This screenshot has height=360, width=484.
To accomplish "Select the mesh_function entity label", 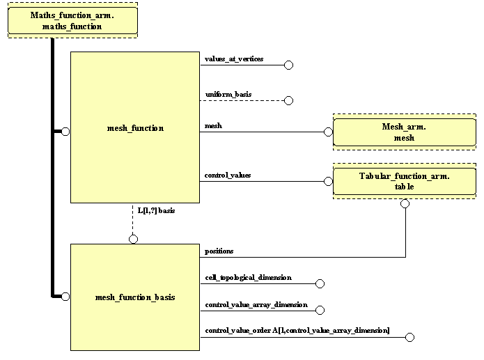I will (x=135, y=128).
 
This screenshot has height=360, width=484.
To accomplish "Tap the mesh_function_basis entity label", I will (x=135, y=297).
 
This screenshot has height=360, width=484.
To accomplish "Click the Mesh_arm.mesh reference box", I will (x=398, y=132).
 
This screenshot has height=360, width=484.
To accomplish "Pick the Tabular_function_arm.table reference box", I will (x=398, y=181).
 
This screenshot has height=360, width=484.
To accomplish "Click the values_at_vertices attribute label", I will (x=234, y=59).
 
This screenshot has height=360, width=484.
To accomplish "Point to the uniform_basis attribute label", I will (x=228, y=94).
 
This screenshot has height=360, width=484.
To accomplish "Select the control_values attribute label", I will (x=228, y=175).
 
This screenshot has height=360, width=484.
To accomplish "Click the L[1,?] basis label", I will (x=155, y=210).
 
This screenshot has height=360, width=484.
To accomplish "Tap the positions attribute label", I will (x=219, y=251).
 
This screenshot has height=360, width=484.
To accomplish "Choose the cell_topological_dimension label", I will (x=248, y=277).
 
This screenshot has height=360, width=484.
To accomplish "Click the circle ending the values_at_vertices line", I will (x=288, y=65).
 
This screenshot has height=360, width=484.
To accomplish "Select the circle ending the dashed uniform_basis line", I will (x=288, y=100).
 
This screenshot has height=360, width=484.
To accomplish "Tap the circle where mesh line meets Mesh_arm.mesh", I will (x=329, y=132).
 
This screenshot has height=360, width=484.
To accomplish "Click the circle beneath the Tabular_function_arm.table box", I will (x=405, y=204).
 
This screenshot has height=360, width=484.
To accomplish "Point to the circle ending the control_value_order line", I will (x=409, y=338).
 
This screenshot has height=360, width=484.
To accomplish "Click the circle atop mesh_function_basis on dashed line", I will (x=133, y=239).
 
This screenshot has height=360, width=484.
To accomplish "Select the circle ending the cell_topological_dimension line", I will (x=320, y=283).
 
